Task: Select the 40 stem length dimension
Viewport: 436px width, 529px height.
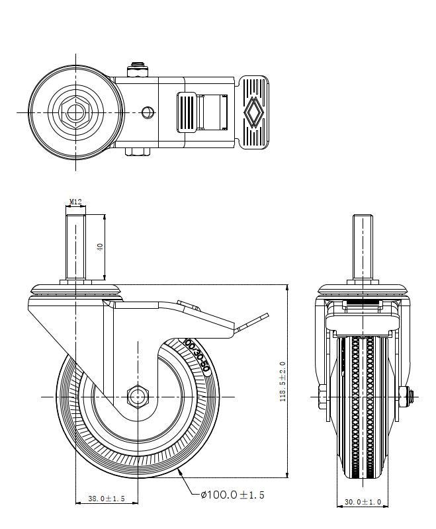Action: coord(100,246)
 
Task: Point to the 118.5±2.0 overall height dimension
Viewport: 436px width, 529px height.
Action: coord(283,382)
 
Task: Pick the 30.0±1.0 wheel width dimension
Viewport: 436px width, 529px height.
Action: coord(363,503)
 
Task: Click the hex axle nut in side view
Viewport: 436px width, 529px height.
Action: coord(138,396)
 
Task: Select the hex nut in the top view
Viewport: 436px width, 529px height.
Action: coord(75,112)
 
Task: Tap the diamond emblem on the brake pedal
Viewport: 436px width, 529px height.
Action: coord(253,112)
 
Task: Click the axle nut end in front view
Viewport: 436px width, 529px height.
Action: coord(411,396)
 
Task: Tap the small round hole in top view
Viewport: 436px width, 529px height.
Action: coord(148,112)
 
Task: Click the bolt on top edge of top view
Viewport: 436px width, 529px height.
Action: coord(138,68)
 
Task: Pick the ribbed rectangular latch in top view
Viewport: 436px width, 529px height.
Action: coord(186,112)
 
